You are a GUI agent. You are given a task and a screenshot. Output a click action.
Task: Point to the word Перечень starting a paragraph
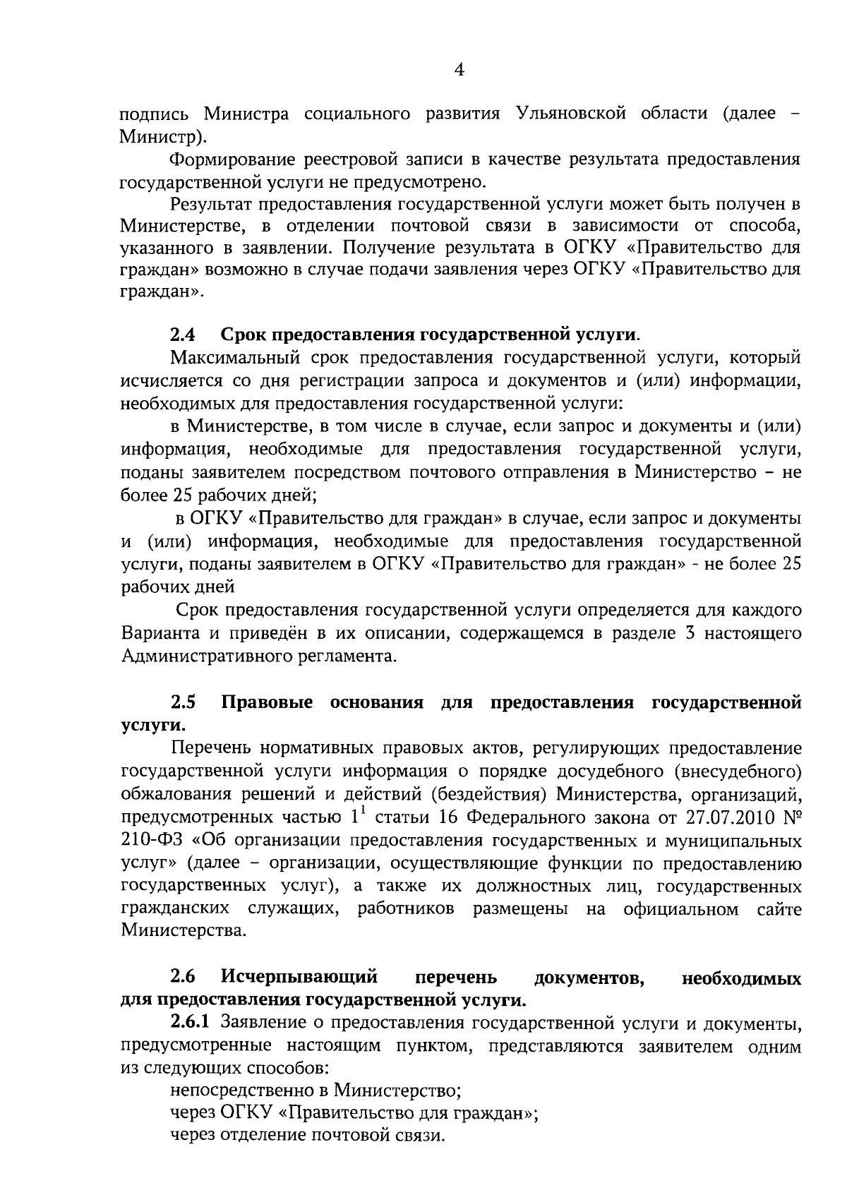coord(210,748)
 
